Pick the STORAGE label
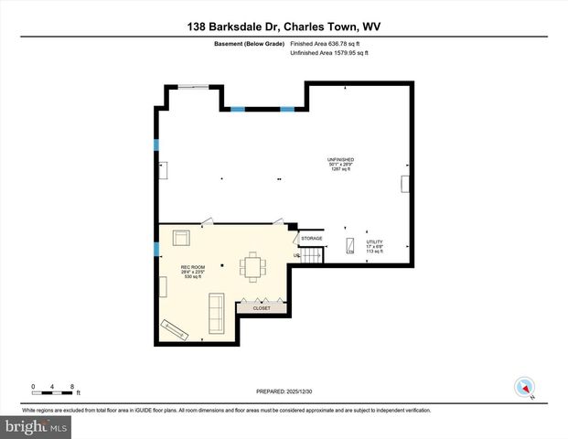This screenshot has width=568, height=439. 312,238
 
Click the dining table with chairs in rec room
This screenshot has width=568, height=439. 252,266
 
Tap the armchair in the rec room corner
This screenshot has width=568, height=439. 180,239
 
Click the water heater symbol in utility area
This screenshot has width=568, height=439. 349,245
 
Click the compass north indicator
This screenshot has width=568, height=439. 524,387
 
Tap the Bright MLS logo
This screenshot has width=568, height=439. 36,426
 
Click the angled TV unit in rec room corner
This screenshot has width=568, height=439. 174,327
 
